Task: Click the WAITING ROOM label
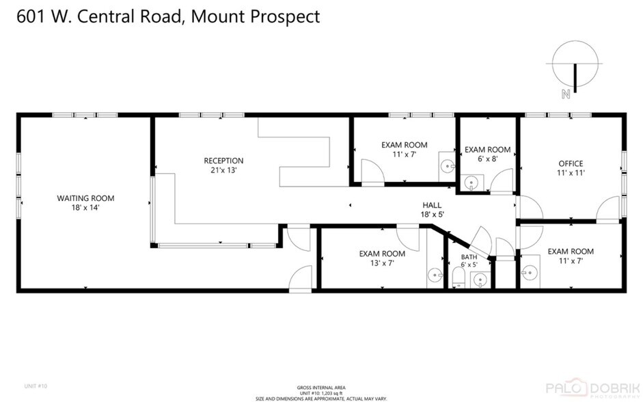click(x=85, y=198)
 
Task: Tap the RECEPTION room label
click(x=223, y=161)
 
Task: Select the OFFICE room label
click(x=571, y=163)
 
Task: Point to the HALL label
click(x=431, y=205)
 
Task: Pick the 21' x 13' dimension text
click(x=223, y=170)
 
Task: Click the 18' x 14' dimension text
click(x=85, y=207)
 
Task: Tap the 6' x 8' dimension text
click(x=487, y=159)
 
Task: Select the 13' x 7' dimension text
click(x=377, y=263)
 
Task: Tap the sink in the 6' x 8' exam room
click(x=471, y=183)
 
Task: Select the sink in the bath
click(x=480, y=279)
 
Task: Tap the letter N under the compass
click(x=565, y=95)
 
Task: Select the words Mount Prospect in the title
click(x=256, y=16)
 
